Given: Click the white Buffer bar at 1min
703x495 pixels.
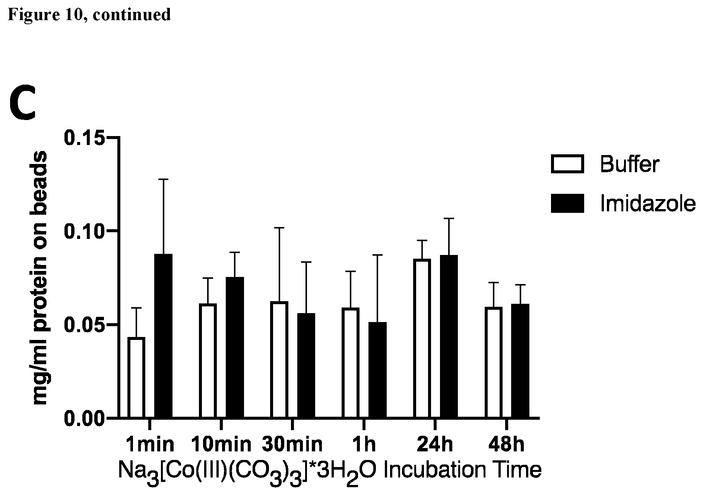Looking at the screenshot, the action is point(136,377).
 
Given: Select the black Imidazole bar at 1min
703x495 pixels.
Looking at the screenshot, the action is point(163,336).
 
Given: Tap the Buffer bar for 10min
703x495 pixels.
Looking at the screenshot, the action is point(208,361).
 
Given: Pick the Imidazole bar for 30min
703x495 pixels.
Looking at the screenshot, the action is point(306,365).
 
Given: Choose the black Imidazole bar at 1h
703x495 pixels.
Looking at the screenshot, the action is point(377,370).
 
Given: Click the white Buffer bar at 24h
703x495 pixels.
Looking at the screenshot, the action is point(422,338).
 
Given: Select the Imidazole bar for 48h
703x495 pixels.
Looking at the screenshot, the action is point(520,361).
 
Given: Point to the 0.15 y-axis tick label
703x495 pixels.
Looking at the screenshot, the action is point(83,138).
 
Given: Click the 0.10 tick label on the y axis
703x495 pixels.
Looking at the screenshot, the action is point(83,231).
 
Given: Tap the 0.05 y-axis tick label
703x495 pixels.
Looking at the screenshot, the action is point(83,325).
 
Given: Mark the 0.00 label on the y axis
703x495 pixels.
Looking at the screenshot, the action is point(83,418).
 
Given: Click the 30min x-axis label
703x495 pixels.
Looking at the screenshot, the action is point(292,444).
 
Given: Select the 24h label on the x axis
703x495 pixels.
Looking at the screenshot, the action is point(435,444).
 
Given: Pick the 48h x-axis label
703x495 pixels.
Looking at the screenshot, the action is point(506,444).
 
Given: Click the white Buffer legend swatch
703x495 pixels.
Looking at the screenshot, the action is point(567,164).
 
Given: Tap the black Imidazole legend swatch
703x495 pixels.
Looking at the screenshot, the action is point(567,204).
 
